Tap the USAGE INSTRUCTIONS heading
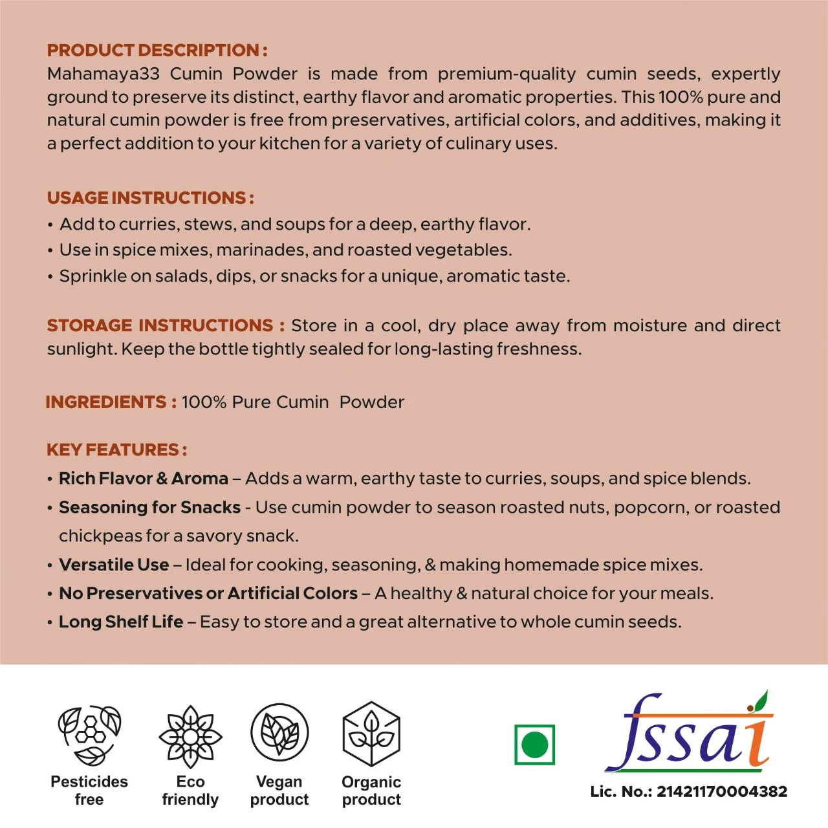(150, 198)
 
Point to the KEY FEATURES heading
(116, 450)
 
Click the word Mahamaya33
(103, 74)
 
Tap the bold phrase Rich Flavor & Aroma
(144, 479)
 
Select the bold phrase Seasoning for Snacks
(149, 508)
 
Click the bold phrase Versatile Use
(114, 565)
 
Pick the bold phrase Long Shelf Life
(121, 622)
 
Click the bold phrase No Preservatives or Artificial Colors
(208, 593)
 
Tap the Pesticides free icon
(90, 735)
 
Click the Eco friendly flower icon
(190, 736)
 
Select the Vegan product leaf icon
(279, 733)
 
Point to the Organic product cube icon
(371, 734)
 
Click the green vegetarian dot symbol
(534, 745)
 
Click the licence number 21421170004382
(722, 792)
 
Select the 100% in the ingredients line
(204, 402)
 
